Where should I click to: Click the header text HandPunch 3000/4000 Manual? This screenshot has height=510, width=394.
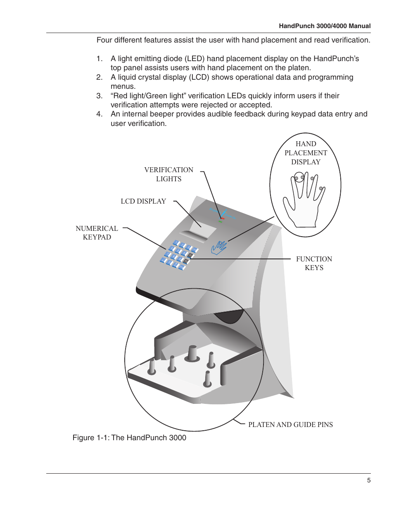click(325, 26)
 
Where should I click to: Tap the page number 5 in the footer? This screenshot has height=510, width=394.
click(369, 480)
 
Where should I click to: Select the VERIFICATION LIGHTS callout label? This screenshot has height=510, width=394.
click(169, 174)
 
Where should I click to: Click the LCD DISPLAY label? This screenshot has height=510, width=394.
click(143, 202)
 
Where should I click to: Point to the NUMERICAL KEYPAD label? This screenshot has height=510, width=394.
click(97, 232)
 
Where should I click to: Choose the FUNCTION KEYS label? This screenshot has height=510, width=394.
click(314, 263)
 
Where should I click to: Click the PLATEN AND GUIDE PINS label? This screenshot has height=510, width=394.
click(290, 425)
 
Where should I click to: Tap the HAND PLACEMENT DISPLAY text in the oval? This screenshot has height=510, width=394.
click(306, 153)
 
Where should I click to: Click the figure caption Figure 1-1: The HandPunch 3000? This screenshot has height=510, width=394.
click(129, 438)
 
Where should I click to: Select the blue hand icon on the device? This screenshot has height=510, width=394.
click(219, 247)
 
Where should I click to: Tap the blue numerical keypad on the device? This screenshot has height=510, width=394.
click(178, 254)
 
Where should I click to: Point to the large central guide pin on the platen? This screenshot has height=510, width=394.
click(192, 353)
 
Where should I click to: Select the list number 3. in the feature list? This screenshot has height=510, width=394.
click(99, 96)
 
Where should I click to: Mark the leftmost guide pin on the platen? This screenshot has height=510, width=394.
click(152, 366)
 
